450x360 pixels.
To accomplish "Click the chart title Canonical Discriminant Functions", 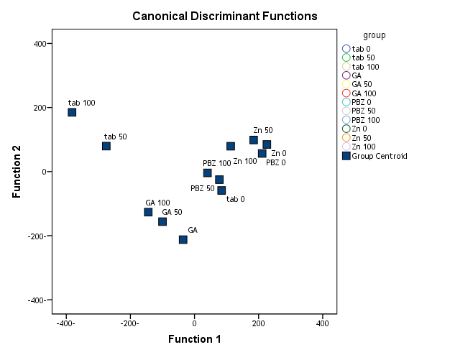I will click(225, 16).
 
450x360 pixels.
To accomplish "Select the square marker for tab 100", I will click(72, 112).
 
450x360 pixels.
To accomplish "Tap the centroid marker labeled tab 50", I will click(106, 146).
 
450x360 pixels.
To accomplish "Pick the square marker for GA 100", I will click(148, 212).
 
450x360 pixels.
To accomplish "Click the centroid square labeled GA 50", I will click(162, 221).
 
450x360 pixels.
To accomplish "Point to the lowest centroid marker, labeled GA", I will click(183, 239).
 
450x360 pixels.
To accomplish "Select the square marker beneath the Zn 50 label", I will click(254, 139).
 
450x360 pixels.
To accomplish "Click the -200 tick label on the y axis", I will click(37, 236).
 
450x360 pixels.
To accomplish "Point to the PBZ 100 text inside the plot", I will click(217, 163).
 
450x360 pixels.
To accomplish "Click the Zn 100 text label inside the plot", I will click(245, 161).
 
